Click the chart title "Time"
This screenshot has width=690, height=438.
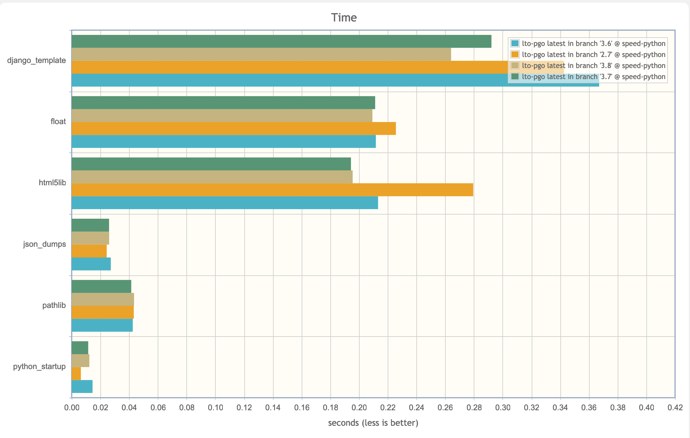point(344,18)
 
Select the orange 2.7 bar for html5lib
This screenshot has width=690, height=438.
point(272,190)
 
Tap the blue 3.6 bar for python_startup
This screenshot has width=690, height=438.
point(82,386)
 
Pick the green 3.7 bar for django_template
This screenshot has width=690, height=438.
point(281,41)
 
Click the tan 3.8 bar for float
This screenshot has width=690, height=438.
point(222,115)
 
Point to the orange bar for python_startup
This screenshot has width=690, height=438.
point(76,374)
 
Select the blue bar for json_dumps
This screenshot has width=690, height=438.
point(91,264)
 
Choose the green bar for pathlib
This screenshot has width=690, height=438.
point(101,286)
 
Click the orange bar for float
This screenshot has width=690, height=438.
point(234,129)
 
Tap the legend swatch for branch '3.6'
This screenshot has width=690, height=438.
point(515,43)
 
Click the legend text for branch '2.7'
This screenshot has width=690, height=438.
point(594,55)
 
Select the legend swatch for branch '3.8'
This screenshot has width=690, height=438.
point(515,65)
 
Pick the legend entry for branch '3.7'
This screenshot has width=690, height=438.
point(588,77)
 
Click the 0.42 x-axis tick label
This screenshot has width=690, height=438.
point(675,408)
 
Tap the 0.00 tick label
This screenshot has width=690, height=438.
point(72,408)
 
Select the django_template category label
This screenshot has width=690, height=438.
point(36,60)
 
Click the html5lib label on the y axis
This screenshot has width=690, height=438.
point(52,183)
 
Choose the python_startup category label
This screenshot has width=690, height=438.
point(39,366)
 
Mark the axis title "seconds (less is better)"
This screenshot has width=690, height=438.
point(373,423)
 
